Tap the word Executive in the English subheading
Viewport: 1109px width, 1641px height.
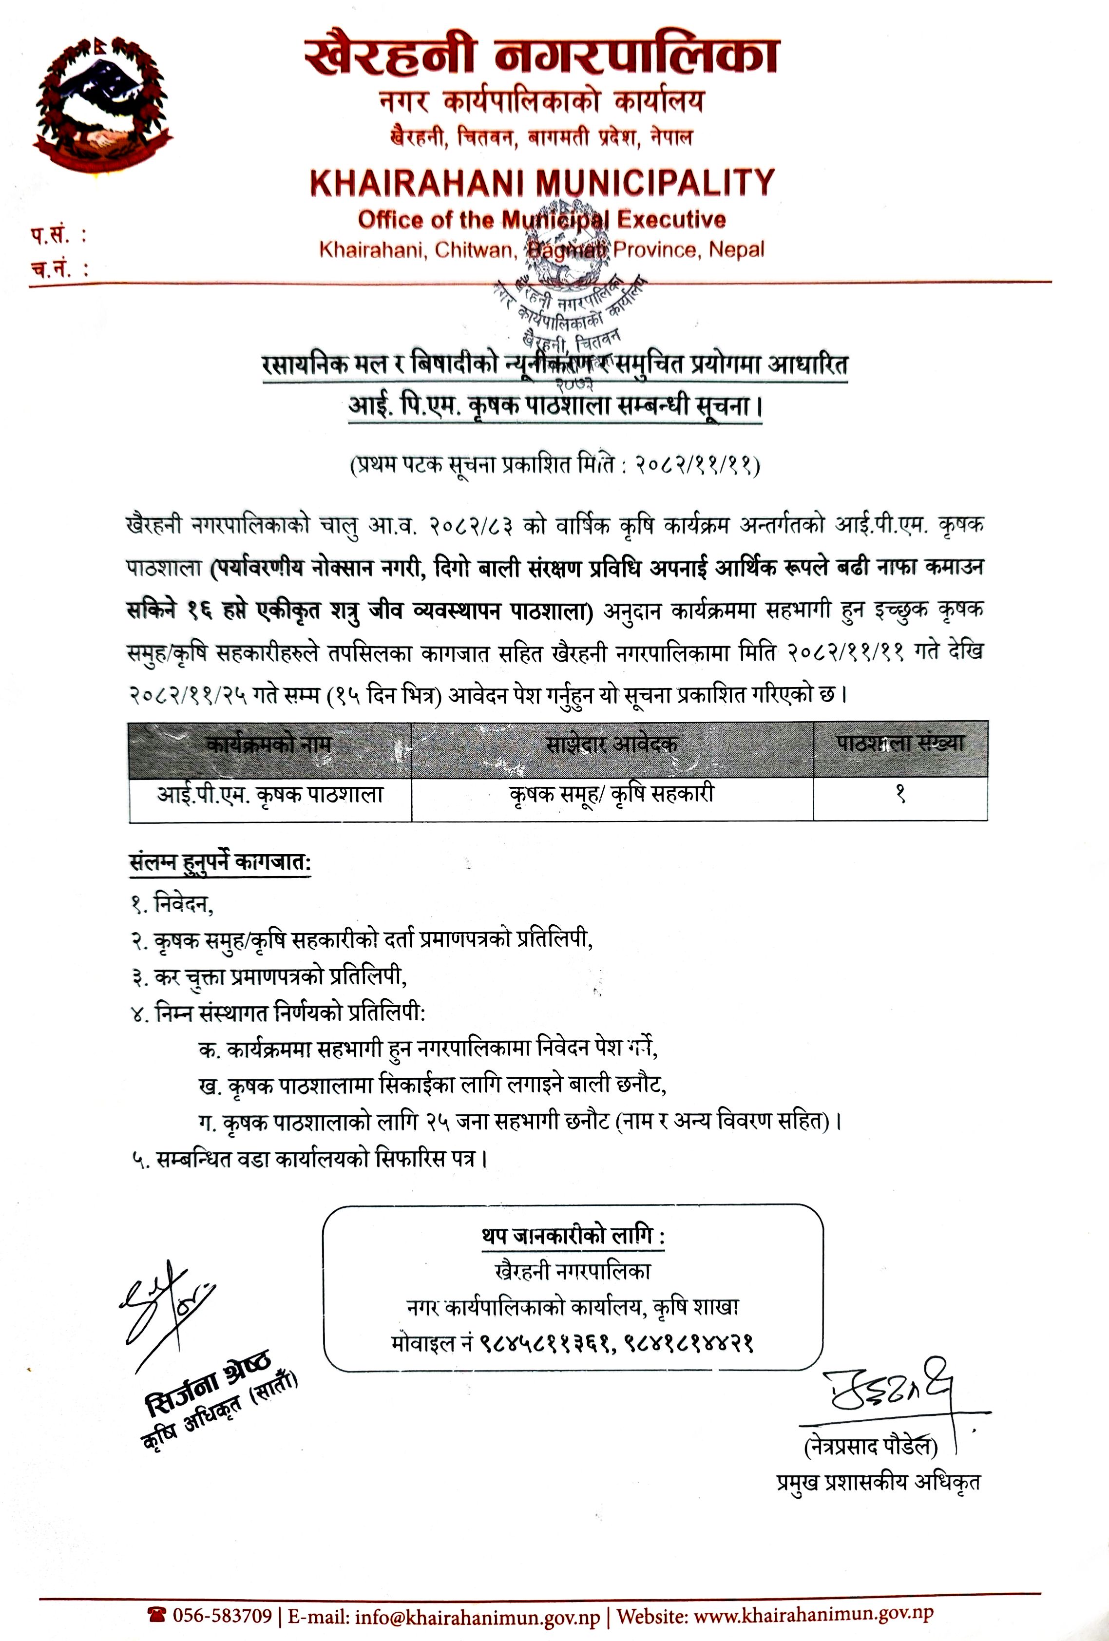[x=671, y=220]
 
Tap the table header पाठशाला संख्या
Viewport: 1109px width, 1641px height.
[x=900, y=744]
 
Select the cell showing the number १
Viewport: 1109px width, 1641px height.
[x=900, y=795]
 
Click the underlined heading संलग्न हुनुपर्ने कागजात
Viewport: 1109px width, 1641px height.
[x=220, y=863]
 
